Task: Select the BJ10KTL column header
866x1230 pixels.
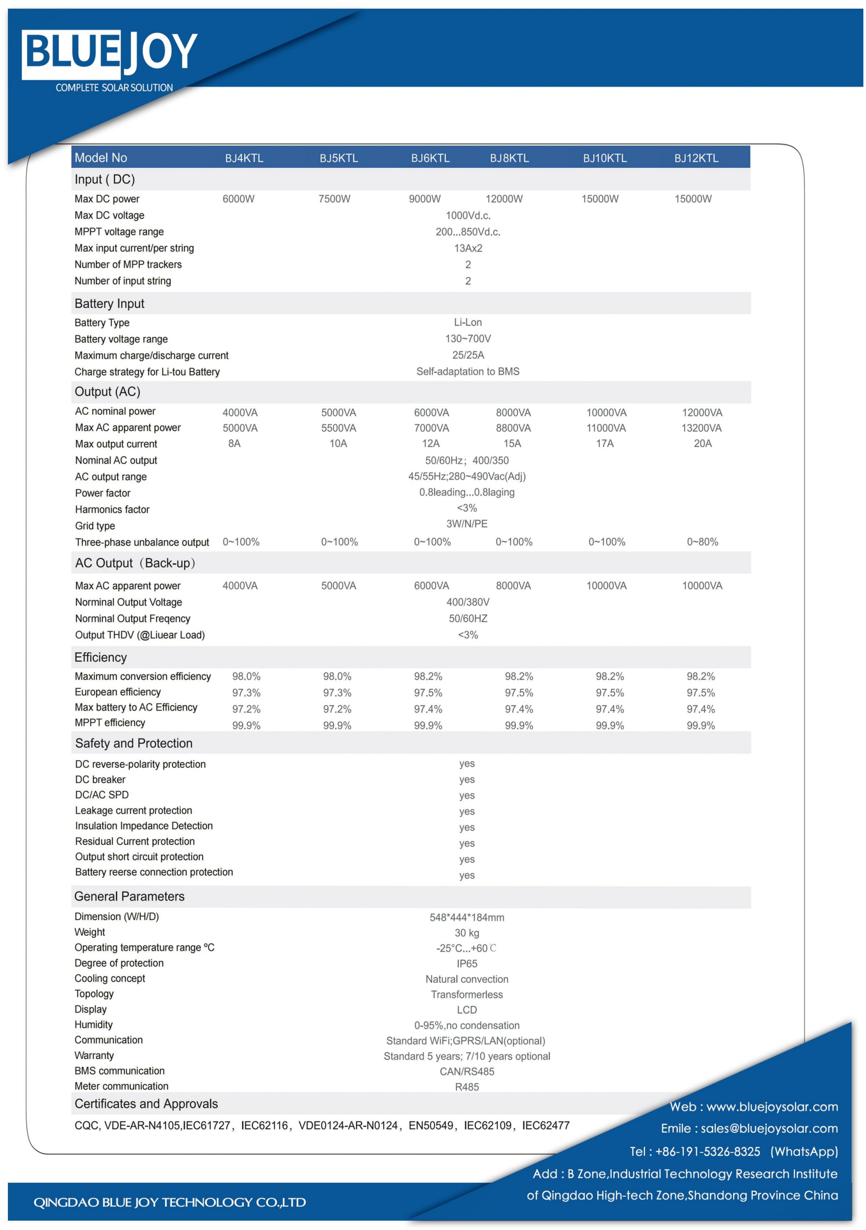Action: point(605,158)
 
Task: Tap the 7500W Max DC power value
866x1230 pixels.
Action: point(335,199)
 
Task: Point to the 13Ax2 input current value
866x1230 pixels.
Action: point(468,248)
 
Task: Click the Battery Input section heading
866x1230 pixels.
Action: point(109,304)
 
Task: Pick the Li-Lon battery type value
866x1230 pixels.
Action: point(468,322)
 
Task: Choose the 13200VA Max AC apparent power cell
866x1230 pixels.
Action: point(702,428)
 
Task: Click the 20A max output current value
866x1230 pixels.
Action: point(702,443)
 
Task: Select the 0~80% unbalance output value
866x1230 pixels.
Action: point(702,542)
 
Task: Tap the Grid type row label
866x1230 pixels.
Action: point(95,526)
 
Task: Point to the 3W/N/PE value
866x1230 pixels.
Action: point(467,523)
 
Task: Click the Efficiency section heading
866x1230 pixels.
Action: point(101,658)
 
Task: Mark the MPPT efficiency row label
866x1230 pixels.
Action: point(110,723)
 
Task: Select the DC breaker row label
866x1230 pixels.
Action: point(100,779)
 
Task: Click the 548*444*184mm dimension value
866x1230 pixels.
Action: point(467,917)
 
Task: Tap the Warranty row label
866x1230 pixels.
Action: point(94,1056)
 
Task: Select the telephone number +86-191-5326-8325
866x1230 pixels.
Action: point(707,1151)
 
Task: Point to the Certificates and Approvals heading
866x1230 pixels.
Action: point(146,1104)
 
